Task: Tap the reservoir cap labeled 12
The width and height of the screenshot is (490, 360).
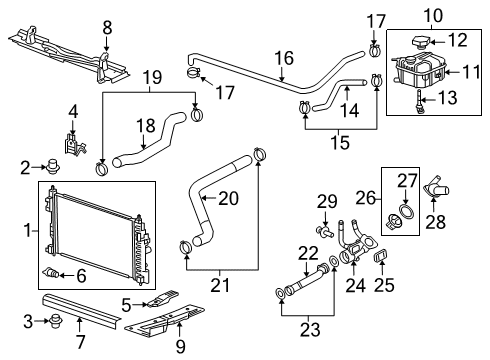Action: coord(414,41)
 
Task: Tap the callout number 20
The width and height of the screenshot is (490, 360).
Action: coord(229,199)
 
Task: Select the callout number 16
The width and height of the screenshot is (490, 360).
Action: coord(285,57)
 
